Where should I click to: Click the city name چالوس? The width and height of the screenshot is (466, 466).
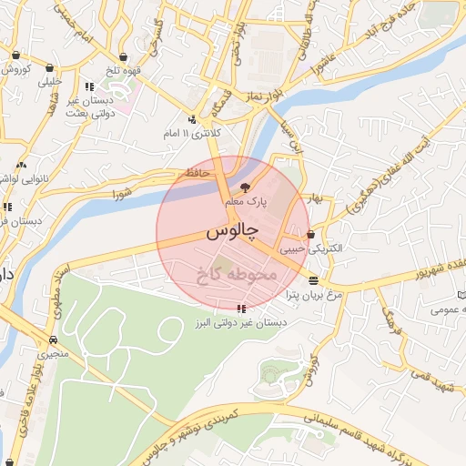pos(228,232)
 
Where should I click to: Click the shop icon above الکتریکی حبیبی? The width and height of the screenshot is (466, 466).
pos(311,233)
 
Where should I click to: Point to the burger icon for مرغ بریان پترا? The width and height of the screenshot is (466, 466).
pos(313,280)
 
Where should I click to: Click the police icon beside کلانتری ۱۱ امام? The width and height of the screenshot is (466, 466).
pos(192,119)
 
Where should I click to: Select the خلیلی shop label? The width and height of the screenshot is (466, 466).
pos(47,81)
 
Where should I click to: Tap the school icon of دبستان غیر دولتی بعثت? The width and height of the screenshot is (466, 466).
pos(86,85)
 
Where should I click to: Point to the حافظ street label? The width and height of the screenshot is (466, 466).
pos(197,172)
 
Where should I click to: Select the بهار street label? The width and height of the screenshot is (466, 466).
pos(315,198)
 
